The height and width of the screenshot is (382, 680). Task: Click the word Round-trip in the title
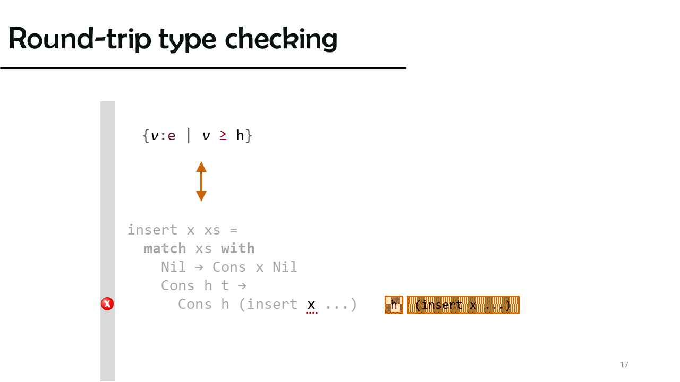80,39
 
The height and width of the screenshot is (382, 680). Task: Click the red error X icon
107,304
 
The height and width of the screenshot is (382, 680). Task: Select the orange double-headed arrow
201,181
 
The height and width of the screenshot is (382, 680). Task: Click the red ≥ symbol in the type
223,135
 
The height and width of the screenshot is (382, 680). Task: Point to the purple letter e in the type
172,136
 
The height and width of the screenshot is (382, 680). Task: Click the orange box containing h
394,305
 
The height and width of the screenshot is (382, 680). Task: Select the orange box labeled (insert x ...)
463,305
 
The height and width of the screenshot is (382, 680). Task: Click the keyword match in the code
165,249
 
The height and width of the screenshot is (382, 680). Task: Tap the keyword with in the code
237,249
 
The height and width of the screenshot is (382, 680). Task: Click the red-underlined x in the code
311,305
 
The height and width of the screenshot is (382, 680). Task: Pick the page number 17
624,364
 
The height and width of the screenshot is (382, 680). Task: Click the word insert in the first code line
152,230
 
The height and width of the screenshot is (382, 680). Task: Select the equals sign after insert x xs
233,230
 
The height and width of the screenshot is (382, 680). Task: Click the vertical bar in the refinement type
189,135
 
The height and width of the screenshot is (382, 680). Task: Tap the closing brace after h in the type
249,135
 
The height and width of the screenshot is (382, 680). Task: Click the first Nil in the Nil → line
173,267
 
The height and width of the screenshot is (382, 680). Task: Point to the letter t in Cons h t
225,285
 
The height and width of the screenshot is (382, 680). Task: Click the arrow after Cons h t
242,286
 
